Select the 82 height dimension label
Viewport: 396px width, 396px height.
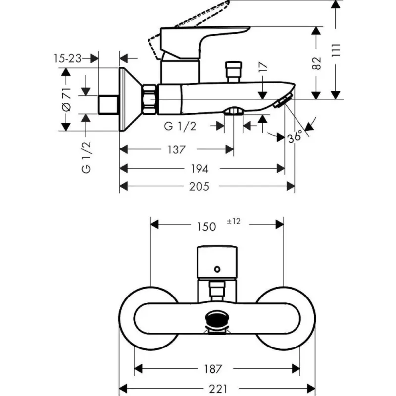click(317, 62)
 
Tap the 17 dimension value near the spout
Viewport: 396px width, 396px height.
click(263, 68)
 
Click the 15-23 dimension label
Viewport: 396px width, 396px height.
click(67, 58)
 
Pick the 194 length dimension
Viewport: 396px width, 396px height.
click(199, 168)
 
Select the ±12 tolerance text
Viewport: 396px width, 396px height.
click(233, 222)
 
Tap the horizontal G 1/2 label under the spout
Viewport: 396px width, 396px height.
click(180, 126)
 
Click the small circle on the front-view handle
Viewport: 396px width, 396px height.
click(216, 269)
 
